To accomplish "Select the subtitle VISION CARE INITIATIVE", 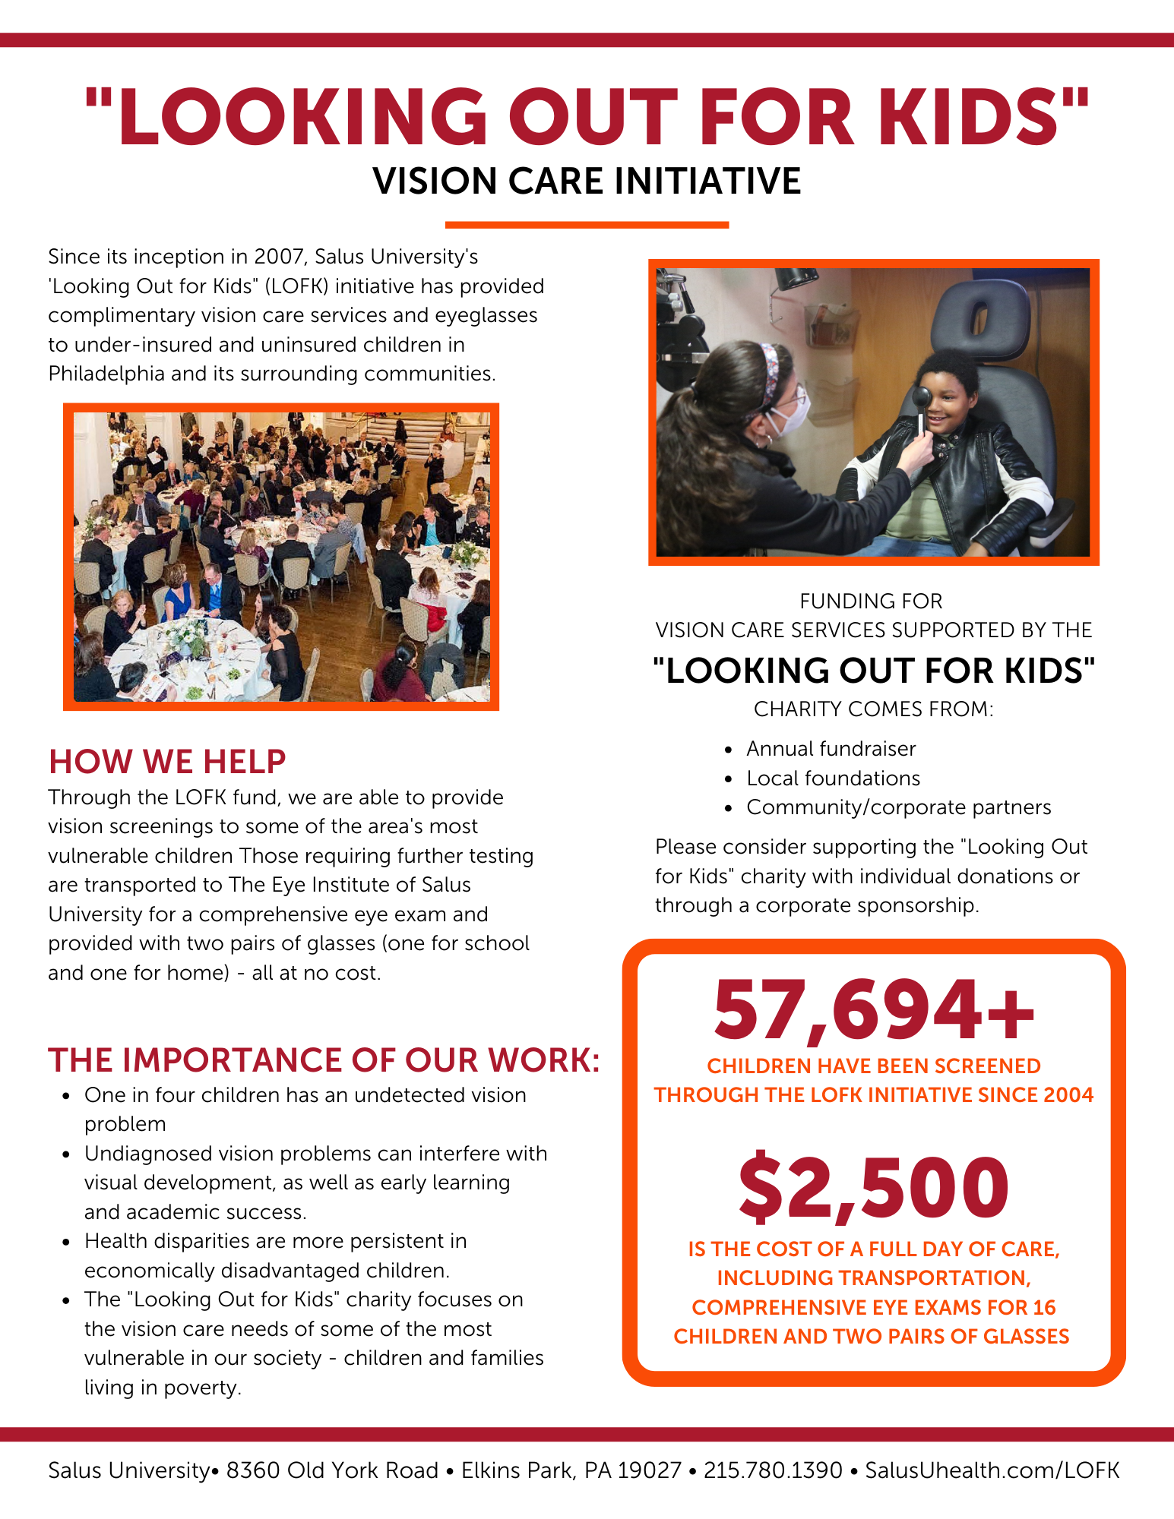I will coord(587,182).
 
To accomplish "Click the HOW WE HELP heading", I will coord(167,762).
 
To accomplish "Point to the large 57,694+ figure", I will coord(874,1011).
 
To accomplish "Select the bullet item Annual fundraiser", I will coord(831,749).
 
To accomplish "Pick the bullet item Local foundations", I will coord(833,778).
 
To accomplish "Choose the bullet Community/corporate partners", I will coord(898,807).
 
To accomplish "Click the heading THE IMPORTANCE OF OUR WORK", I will coord(324,1060).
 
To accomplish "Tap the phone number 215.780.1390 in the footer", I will coord(773,1470).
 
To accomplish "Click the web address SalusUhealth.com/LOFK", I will coord(992,1470).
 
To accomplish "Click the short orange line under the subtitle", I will coord(587,225).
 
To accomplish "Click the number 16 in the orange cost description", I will coord(1044,1307).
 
